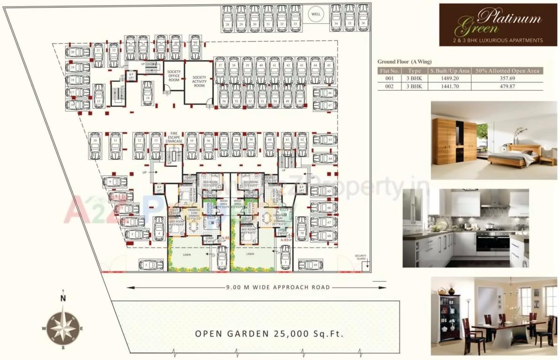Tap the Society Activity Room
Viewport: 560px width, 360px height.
[199, 81]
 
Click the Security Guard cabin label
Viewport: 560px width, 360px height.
[360, 257]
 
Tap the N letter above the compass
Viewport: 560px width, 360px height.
[63, 298]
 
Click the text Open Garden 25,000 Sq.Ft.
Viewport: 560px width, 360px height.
[269, 334]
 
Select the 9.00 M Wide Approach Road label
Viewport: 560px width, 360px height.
[278, 287]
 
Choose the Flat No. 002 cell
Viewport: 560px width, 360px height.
[389, 87]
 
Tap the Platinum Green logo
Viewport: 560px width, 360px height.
[498, 24]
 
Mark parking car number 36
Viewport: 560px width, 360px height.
[363, 17]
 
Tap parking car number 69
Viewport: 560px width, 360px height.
[311, 265]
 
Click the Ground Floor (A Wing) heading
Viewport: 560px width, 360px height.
[404, 61]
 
